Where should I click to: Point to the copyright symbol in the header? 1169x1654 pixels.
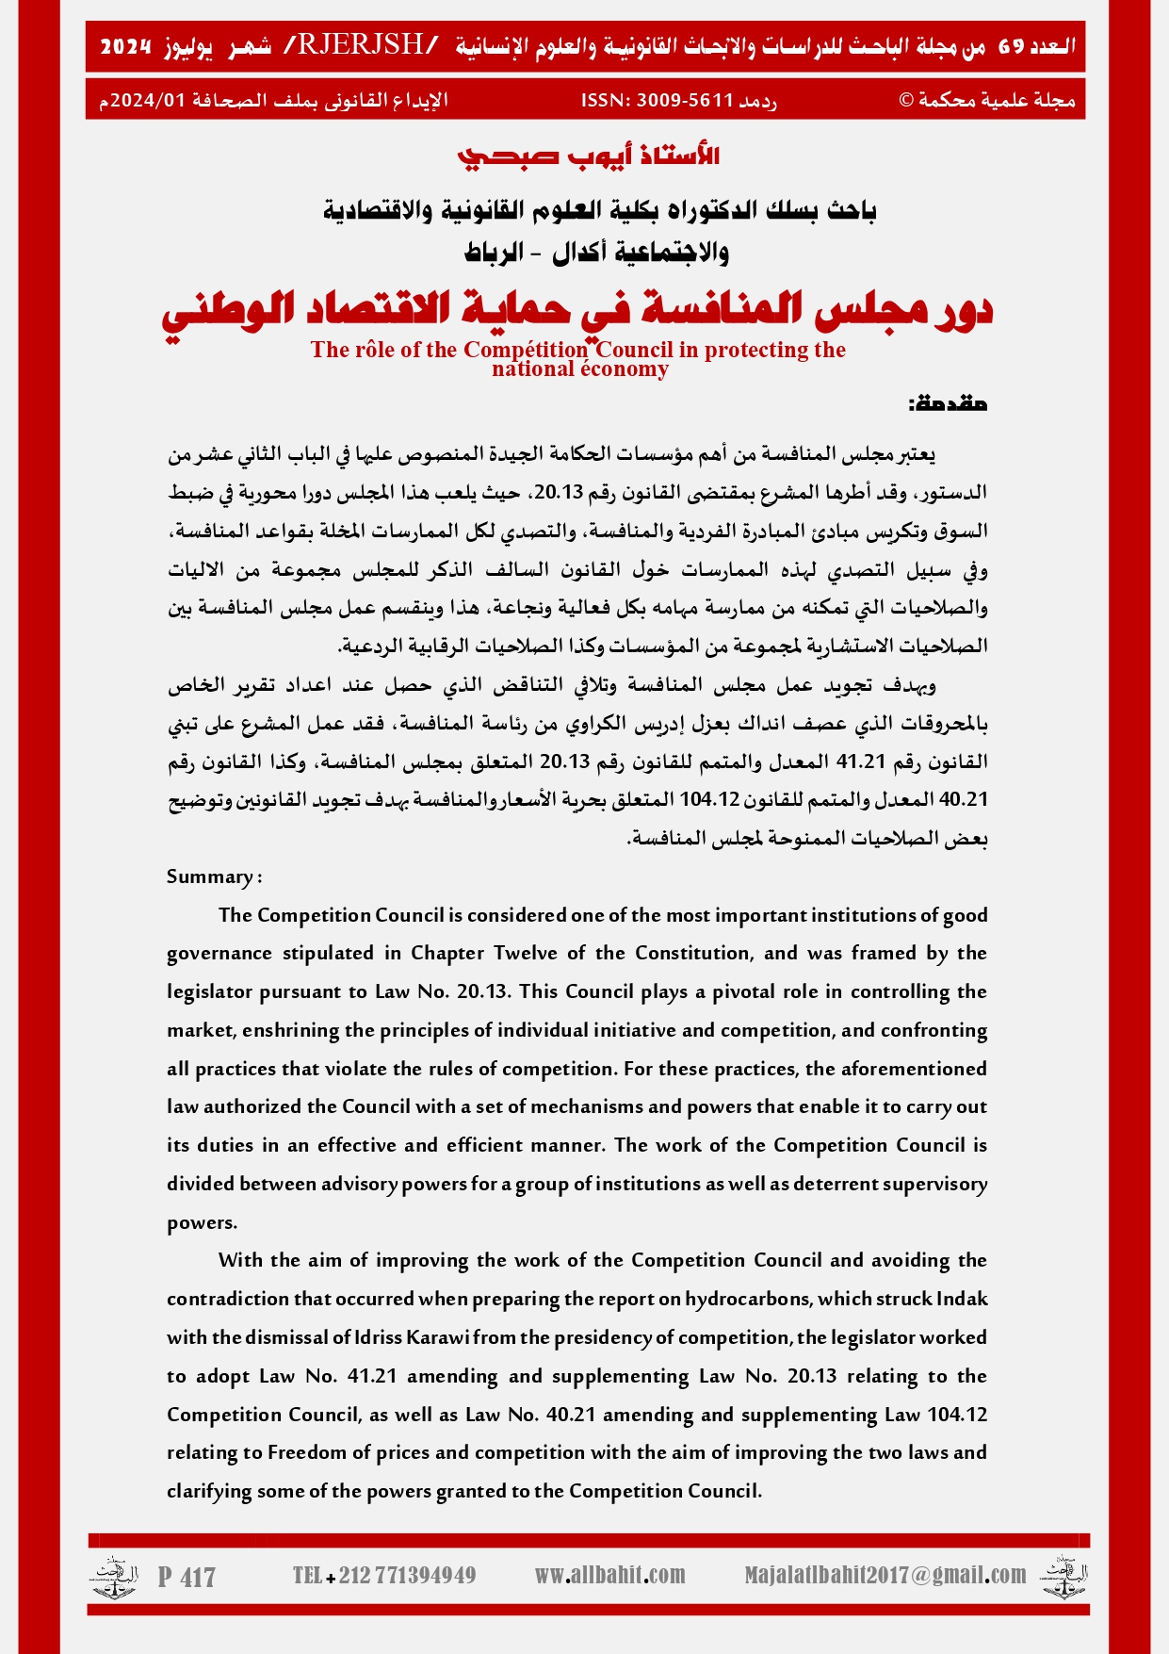906,100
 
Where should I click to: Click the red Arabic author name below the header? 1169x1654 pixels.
589,156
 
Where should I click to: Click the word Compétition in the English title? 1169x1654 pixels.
526,350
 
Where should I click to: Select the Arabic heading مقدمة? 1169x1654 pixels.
948,404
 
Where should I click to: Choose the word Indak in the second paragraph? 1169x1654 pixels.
962,1299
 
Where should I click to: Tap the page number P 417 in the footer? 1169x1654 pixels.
187,1577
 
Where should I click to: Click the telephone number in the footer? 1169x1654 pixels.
384,1576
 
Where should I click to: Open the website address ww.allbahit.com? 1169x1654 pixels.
609,1576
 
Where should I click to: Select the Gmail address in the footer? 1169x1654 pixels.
885,1576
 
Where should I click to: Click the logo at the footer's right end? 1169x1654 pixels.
1063,1576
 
